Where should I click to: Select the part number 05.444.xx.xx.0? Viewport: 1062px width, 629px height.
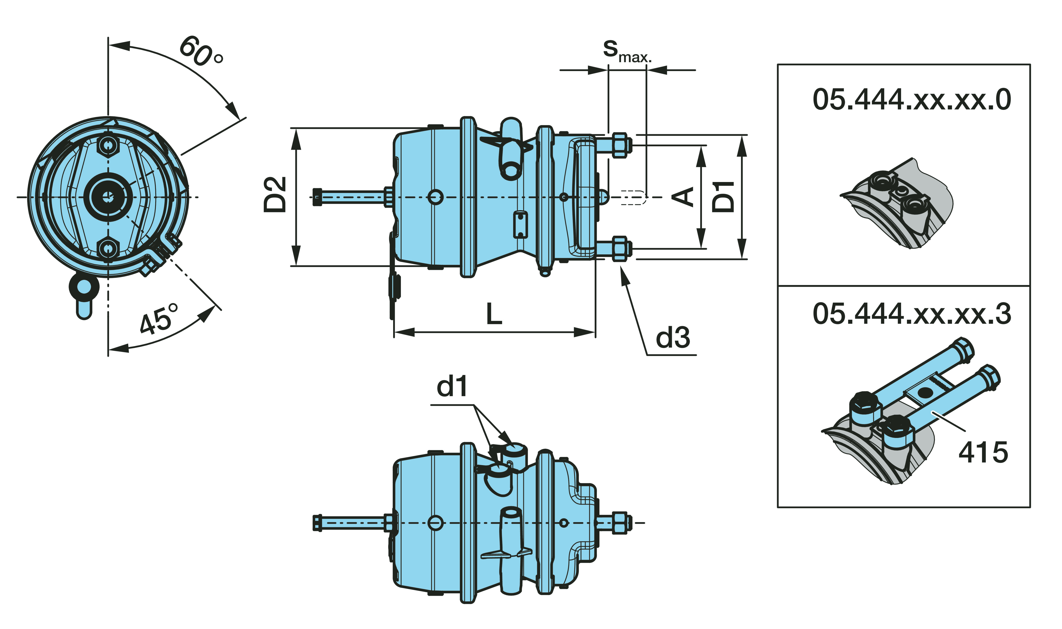[x=912, y=100]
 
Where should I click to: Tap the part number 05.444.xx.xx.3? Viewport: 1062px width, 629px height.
[x=912, y=314]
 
